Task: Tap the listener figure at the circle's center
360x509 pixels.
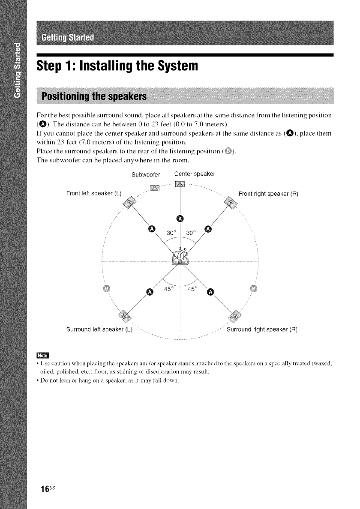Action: tap(180, 257)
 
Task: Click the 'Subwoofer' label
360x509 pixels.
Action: tap(146, 175)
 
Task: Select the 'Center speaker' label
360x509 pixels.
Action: tap(195, 174)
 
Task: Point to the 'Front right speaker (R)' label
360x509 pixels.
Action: tap(268, 193)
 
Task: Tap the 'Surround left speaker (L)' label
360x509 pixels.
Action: tap(98, 330)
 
